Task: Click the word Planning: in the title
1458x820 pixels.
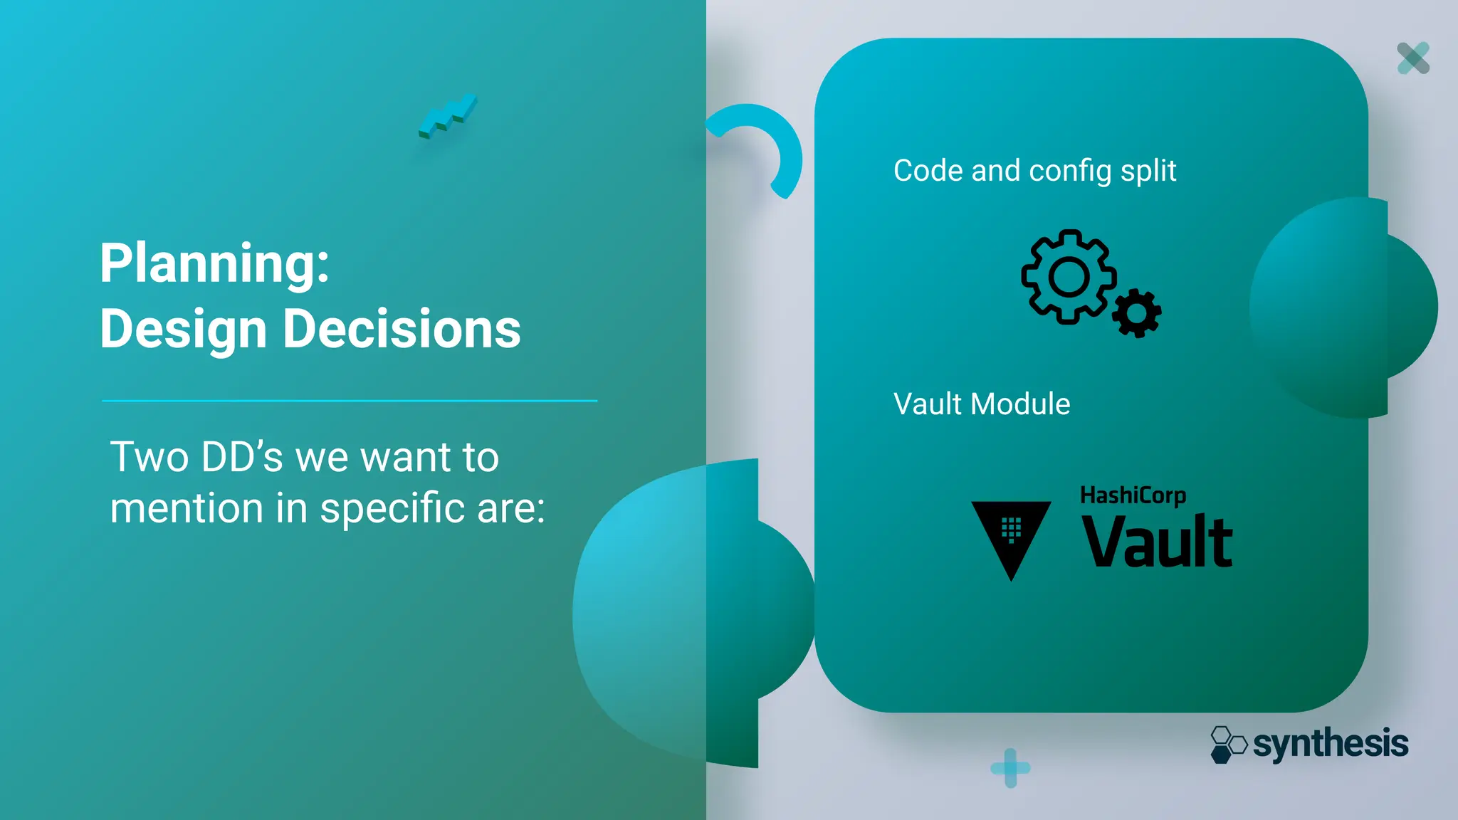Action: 214,263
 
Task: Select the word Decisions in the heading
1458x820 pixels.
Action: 402,329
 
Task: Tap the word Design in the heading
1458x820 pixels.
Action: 183,329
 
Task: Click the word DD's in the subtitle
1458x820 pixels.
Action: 242,457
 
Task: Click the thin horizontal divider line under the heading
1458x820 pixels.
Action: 349,401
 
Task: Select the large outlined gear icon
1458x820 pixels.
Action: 1068,277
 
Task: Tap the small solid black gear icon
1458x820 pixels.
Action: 1136,313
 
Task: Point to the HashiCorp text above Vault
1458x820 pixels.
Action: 1133,495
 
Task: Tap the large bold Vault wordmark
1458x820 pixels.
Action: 1157,542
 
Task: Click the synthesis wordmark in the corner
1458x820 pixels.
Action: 1330,745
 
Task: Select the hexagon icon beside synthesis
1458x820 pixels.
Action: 1228,745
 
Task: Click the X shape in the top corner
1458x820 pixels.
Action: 1413,58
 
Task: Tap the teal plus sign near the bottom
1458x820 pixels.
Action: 1010,768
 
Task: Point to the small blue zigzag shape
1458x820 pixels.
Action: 448,117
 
